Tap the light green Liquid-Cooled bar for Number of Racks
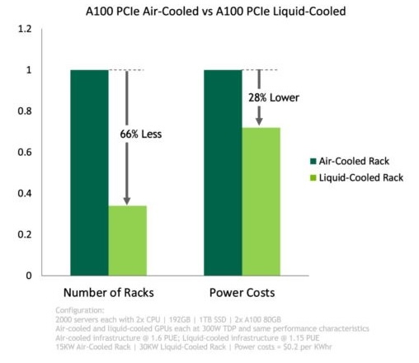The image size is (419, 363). tap(127, 240)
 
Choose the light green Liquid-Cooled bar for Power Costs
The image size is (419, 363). tap(261, 201)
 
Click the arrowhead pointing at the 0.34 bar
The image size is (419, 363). tap(127, 200)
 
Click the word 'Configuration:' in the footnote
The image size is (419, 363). tap(75, 309)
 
